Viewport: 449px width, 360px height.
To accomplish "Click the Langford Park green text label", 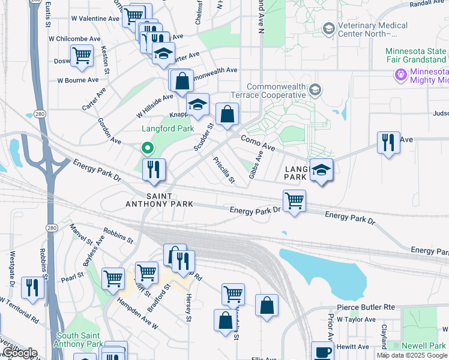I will coord(167,128).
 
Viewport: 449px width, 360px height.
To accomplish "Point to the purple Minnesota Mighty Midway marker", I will coord(400,75).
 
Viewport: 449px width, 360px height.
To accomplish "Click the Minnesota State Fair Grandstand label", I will coord(416,55).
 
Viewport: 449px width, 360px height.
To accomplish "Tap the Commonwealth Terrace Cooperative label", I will coord(276,91).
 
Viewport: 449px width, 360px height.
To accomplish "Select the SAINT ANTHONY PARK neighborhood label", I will coord(159,200).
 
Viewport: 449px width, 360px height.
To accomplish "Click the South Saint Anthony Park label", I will coord(78,340).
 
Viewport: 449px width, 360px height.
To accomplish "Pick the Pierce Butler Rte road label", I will coord(366,307).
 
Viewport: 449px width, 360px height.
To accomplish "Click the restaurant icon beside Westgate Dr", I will coord(32,287).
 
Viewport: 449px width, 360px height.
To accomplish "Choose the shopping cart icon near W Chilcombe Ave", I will coord(82,56).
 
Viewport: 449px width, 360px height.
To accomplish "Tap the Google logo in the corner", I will coord(19,353).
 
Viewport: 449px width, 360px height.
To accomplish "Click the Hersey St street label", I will coord(188,307).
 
